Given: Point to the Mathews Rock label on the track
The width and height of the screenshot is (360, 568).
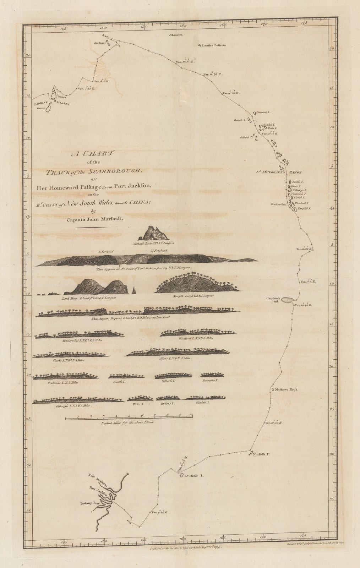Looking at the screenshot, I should tap(286, 389).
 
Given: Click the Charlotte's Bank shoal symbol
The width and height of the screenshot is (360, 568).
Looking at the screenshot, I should tap(287, 300).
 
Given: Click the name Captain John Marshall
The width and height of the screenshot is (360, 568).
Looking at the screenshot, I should tap(95, 219).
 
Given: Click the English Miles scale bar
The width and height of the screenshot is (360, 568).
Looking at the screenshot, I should tap(129, 419).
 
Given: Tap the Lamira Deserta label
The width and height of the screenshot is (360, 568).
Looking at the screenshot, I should tap(213, 45).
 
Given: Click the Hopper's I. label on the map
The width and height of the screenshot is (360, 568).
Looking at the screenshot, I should tap(304, 209).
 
